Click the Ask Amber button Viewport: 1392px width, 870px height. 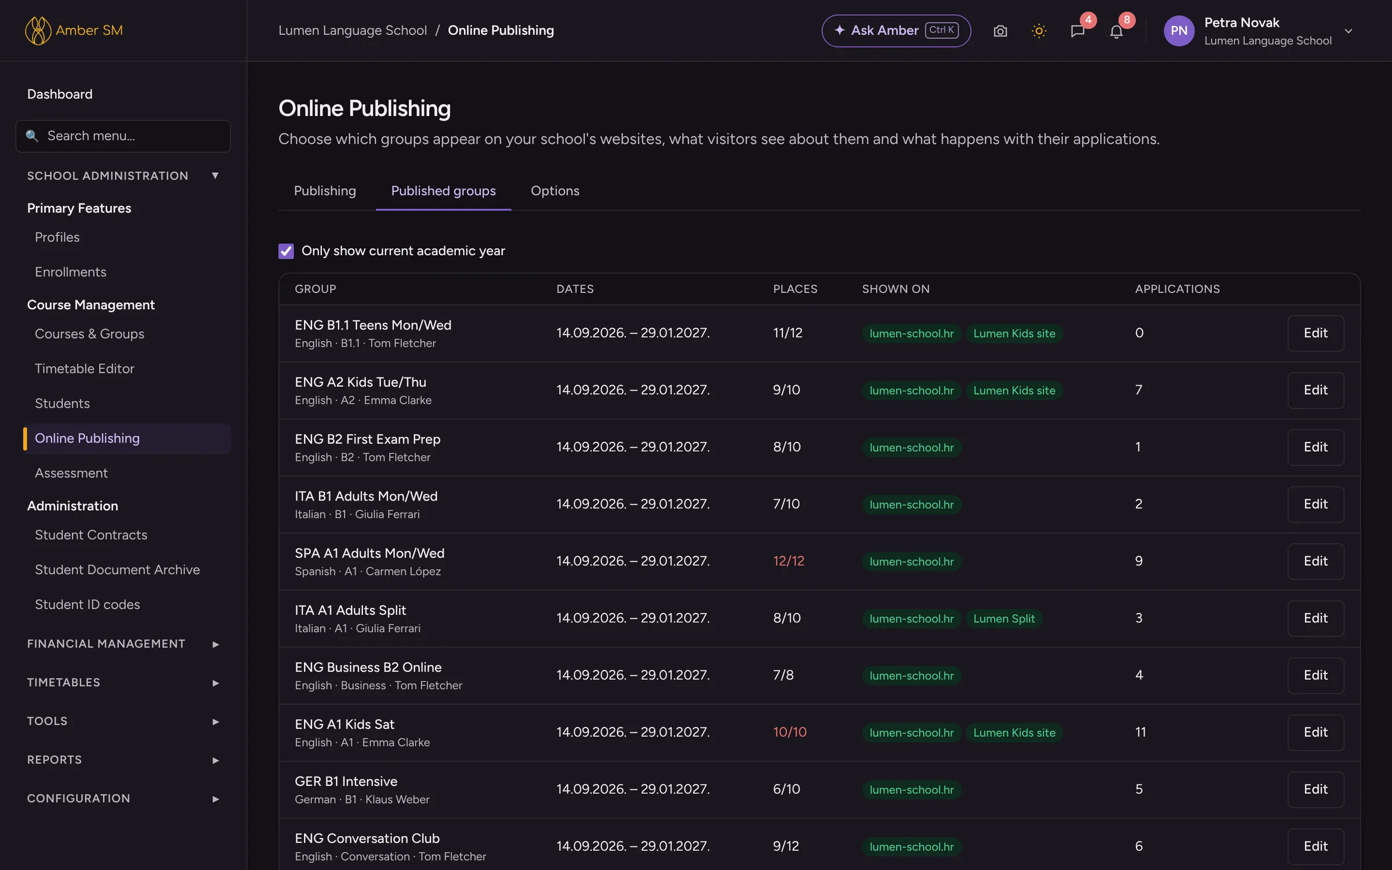896,31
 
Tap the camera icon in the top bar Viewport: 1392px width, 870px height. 1000,31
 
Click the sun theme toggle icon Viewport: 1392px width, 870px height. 1039,31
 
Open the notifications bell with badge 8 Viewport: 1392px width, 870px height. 1116,31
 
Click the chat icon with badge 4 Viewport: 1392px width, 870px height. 1078,31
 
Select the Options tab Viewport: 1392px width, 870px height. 555,191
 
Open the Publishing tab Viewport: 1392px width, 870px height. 325,191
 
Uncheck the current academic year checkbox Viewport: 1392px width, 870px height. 286,251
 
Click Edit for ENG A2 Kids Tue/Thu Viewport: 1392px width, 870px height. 1315,390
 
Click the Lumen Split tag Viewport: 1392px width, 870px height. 1004,618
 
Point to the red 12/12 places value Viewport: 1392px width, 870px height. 789,561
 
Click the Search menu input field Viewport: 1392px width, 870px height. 123,136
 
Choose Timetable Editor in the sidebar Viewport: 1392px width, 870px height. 85,368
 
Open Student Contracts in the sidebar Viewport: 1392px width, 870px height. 91,535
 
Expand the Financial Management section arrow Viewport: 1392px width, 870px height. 215,644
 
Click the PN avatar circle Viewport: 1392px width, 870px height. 1179,31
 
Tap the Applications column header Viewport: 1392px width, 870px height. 1177,289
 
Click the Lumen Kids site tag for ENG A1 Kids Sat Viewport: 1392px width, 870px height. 1014,733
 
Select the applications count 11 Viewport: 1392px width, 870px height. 1140,732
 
